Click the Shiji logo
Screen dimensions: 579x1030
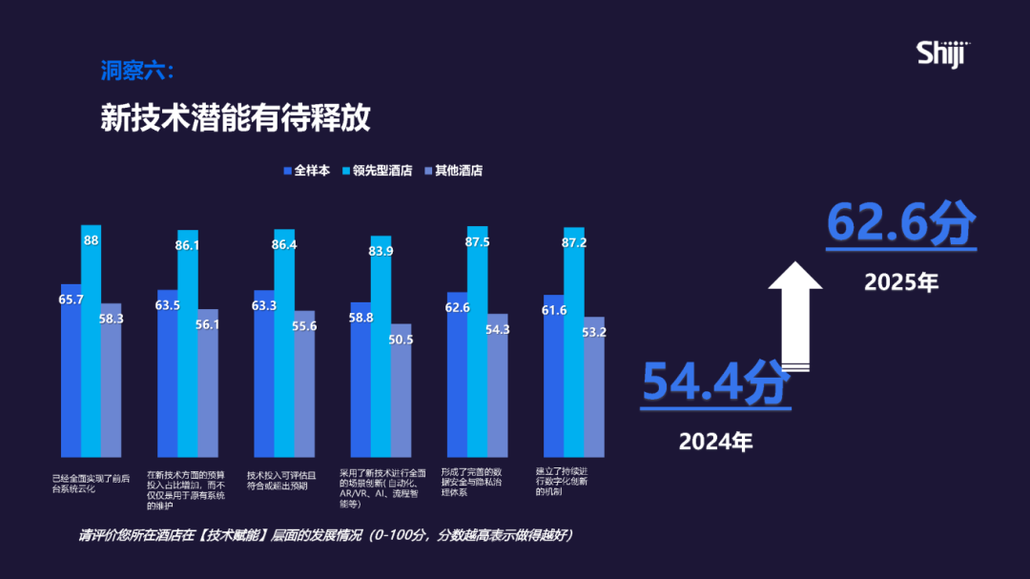click(x=943, y=54)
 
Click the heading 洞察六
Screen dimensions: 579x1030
click(x=137, y=71)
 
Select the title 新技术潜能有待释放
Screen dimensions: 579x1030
click(x=235, y=119)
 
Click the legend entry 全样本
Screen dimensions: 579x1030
click(x=307, y=171)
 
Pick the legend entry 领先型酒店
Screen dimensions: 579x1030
click(x=377, y=171)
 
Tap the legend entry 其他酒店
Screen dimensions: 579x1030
click(x=452, y=171)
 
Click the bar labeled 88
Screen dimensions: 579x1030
click(x=92, y=343)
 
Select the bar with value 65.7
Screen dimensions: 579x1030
click(x=71, y=372)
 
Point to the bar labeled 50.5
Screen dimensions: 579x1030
click(x=401, y=391)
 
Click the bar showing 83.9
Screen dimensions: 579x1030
click(x=381, y=348)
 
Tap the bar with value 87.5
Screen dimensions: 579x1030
click(x=477, y=343)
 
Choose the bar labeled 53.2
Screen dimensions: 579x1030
click(x=593, y=386)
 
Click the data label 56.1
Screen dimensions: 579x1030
click(x=207, y=324)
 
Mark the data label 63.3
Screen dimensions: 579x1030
click(x=264, y=305)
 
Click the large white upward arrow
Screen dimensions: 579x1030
click(x=795, y=315)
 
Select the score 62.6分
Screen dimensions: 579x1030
click(x=900, y=223)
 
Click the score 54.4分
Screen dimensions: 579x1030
click(x=715, y=382)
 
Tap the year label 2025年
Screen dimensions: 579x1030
click(x=901, y=282)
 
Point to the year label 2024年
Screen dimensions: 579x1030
click(x=715, y=442)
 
